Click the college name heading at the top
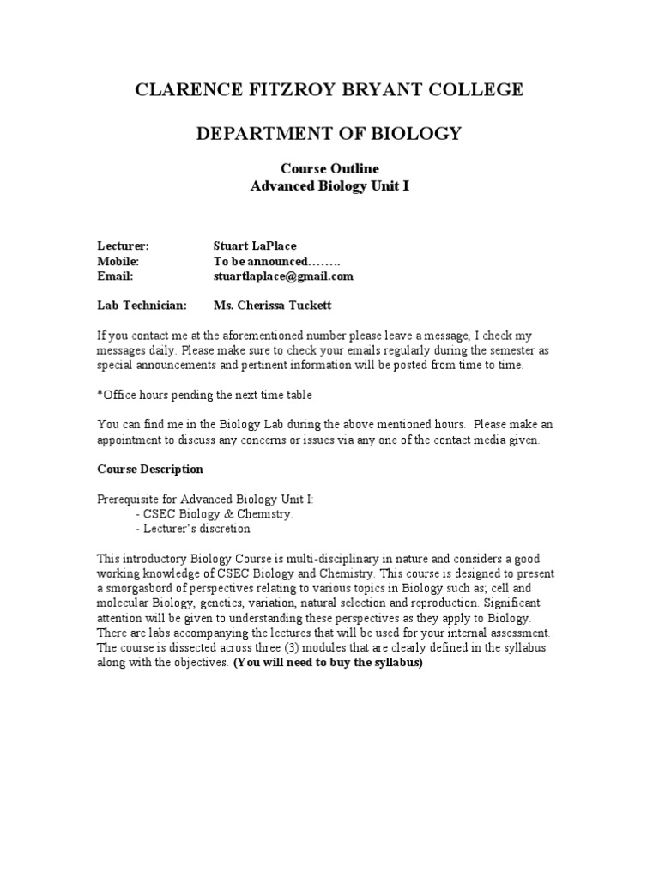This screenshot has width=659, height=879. click(329, 90)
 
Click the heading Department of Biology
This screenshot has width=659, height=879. click(329, 133)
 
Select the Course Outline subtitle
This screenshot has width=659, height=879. click(329, 168)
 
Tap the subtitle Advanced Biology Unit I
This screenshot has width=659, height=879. click(329, 185)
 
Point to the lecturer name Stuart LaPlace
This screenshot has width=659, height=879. click(255, 246)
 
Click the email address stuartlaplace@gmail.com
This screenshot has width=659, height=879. click(283, 276)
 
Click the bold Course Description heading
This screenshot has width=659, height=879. click(150, 470)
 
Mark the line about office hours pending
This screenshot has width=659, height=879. click(205, 395)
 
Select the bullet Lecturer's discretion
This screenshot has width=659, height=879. click(193, 529)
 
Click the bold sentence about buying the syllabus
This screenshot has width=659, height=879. click(329, 662)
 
